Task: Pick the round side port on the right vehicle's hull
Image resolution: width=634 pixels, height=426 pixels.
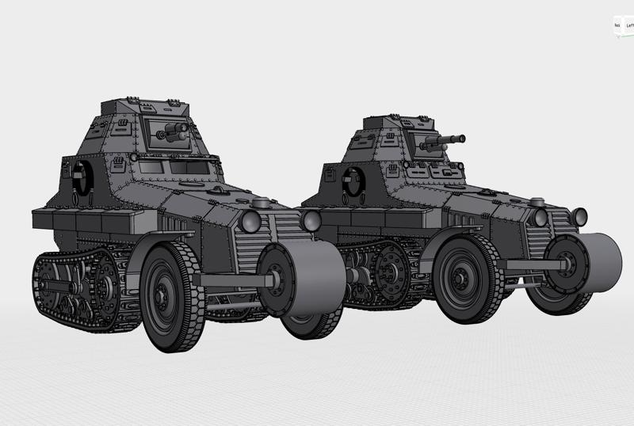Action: (x=352, y=184)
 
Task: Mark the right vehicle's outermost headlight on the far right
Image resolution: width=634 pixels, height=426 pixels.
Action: (x=579, y=216)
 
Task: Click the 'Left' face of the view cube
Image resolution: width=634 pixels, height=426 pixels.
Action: (x=629, y=25)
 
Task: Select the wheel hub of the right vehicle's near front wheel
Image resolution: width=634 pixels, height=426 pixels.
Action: (x=460, y=282)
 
